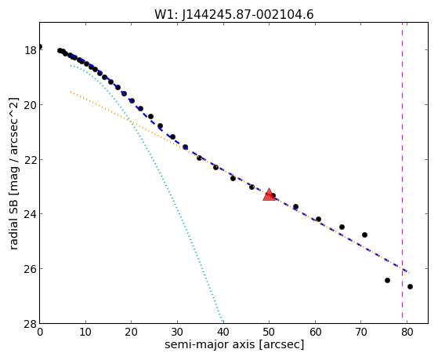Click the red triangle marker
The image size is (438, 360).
tap(269, 195)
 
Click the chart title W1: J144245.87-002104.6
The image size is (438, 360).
tap(233, 15)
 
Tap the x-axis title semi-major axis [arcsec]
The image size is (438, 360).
tap(234, 344)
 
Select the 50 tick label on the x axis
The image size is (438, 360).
tap(269, 332)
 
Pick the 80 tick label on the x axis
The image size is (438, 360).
tap(407, 332)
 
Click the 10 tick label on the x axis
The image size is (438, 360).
tap(85, 332)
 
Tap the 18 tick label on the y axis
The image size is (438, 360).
tap(31, 50)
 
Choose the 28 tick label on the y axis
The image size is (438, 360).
tap(31, 324)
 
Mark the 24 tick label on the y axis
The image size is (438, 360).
tap(31, 214)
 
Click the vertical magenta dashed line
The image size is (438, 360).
tap(402, 170)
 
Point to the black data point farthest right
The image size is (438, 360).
tap(410, 287)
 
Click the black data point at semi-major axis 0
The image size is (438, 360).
tap(40, 47)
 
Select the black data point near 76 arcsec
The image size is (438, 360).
tap(387, 280)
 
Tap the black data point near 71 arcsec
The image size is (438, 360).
tap(364, 235)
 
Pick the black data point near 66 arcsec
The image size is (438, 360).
tap(342, 227)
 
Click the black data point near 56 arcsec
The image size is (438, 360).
tap(296, 207)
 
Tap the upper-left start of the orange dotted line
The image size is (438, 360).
tap(71, 92)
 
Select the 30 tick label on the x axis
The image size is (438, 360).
tap(177, 332)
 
